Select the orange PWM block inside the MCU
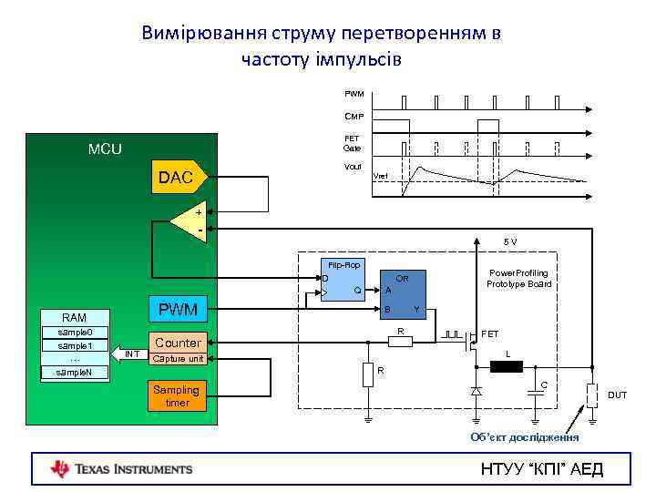pyautogui.click(x=178, y=310)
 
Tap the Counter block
pyautogui.click(x=178, y=343)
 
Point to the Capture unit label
pyautogui.click(x=178, y=359)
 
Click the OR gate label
pyautogui.click(x=401, y=277)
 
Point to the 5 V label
pyautogui.click(x=510, y=241)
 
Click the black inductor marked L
pyautogui.click(x=506, y=367)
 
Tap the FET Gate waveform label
pyautogui.click(x=352, y=143)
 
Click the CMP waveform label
pyautogui.click(x=354, y=116)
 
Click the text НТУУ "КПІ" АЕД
pyautogui.click(x=541, y=469)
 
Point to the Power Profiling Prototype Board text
pyautogui.click(x=518, y=278)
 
